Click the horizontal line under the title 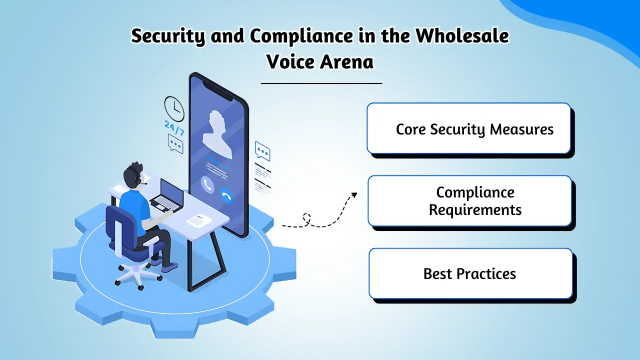(321, 83)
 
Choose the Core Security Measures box (468, 128)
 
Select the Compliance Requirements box (469, 201)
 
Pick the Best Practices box (470, 274)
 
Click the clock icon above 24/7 (174, 108)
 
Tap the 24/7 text (174, 128)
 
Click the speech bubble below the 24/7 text (175, 144)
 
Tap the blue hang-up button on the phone (227, 196)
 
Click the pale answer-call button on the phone (207, 185)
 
